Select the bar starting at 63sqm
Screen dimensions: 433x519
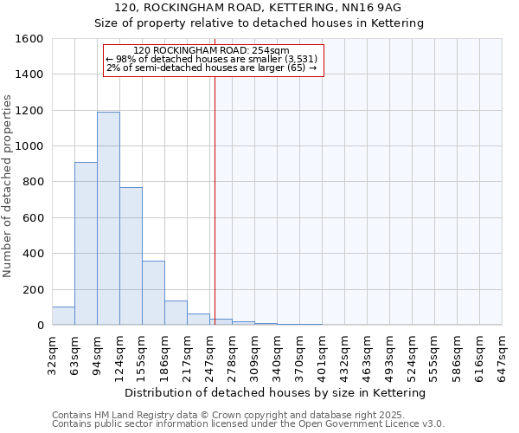pyautogui.click(x=86, y=243)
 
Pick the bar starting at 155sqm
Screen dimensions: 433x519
pyautogui.click(x=153, y=293)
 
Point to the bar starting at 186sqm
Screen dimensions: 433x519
pyautogui.click(x=176, y=313)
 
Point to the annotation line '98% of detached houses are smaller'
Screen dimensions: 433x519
pyautogui.click(x=212, y=59)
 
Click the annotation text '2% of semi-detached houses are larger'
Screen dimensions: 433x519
pyautogui.click(x=212, y=68)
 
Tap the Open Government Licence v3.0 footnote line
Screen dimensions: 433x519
pyautogui.click(x=248, y=424)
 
